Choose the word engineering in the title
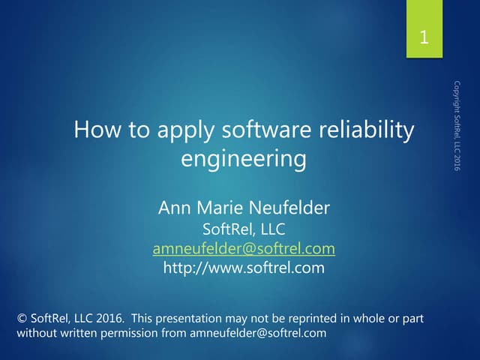[244, 160]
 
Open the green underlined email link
[244, 248]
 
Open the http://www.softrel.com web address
[244, 267]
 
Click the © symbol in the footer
[22, 319]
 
